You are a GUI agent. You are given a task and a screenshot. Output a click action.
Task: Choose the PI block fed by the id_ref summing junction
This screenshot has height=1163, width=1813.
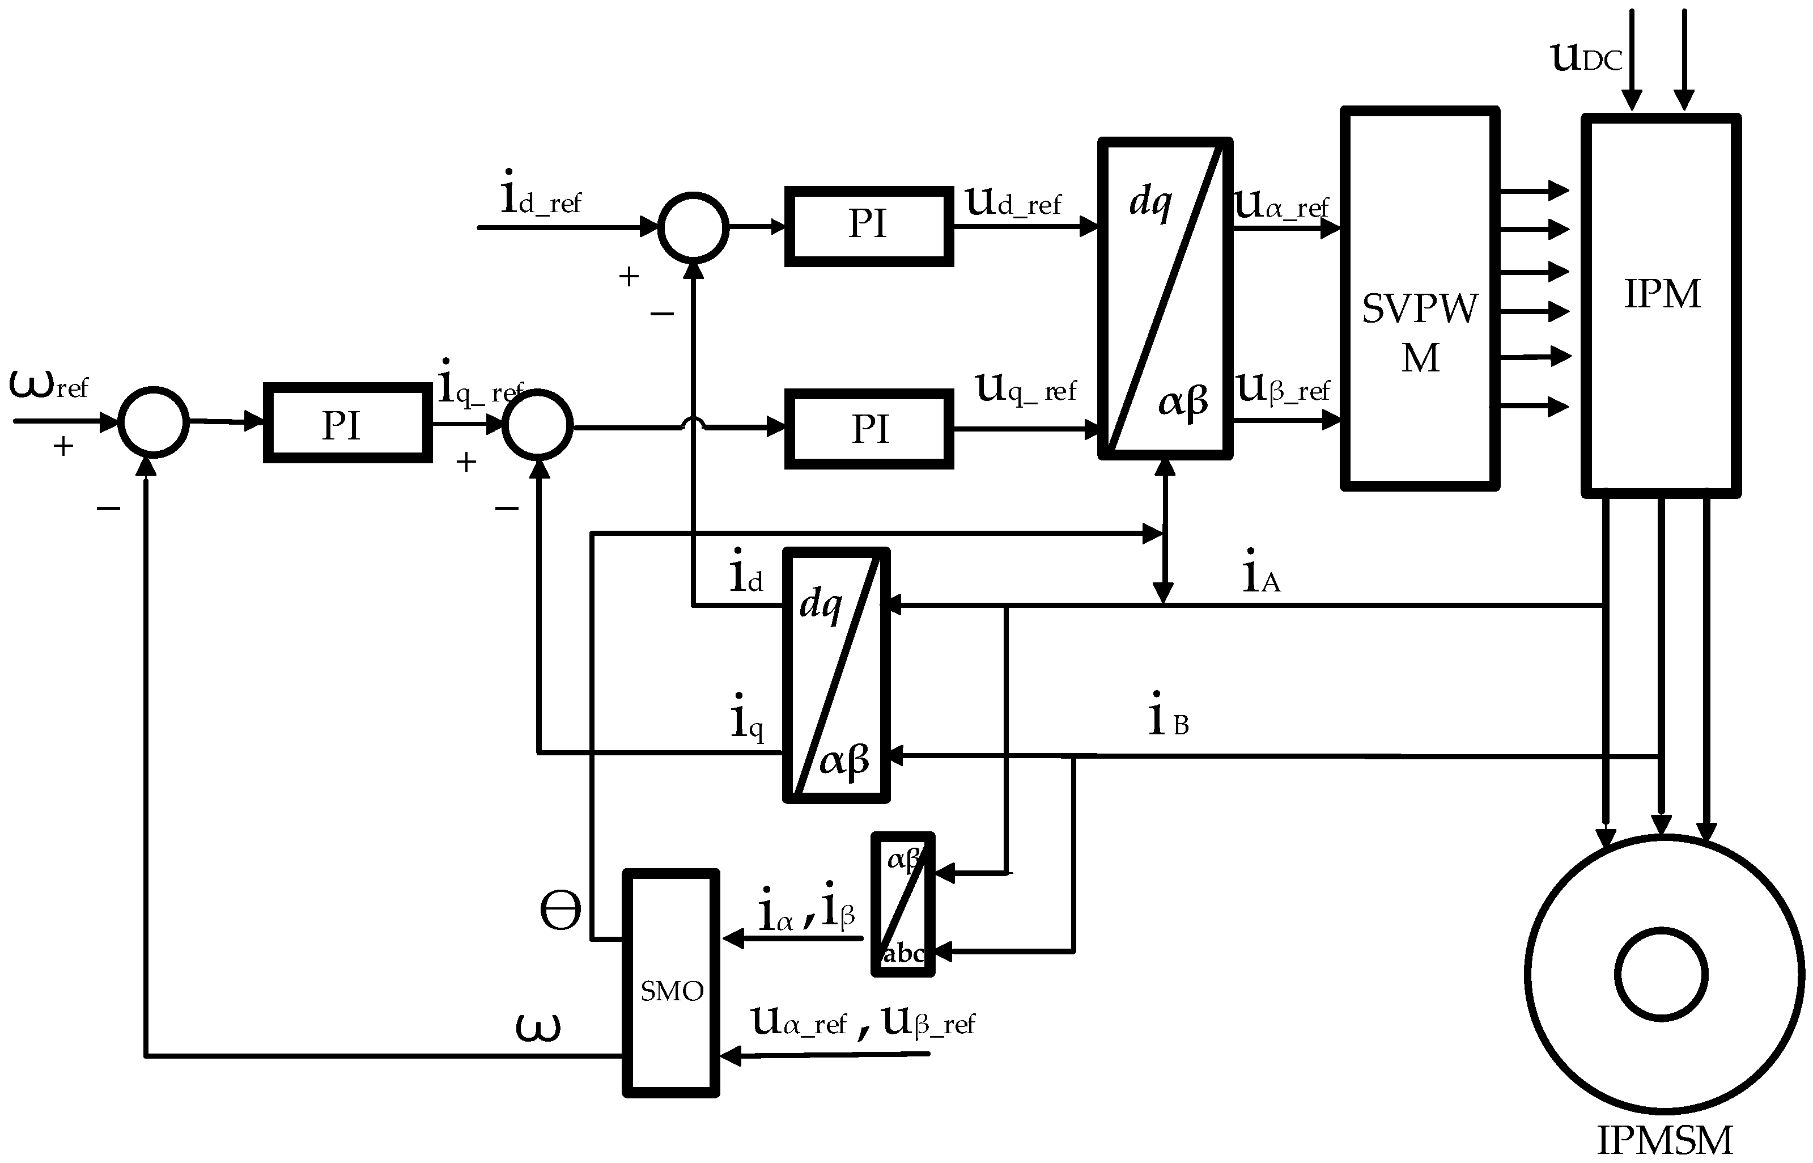(869, 226)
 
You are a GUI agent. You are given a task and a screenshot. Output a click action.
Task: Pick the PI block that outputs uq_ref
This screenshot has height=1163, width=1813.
(869, 429)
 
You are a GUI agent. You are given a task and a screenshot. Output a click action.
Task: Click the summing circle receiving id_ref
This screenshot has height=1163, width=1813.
(693, 227)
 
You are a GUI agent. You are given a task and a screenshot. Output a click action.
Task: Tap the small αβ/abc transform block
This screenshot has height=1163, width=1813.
(903, 904)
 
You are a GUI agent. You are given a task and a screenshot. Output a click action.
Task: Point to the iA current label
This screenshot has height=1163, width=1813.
(1261, 573)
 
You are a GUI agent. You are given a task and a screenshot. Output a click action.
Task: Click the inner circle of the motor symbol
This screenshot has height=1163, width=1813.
(1661, 974)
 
